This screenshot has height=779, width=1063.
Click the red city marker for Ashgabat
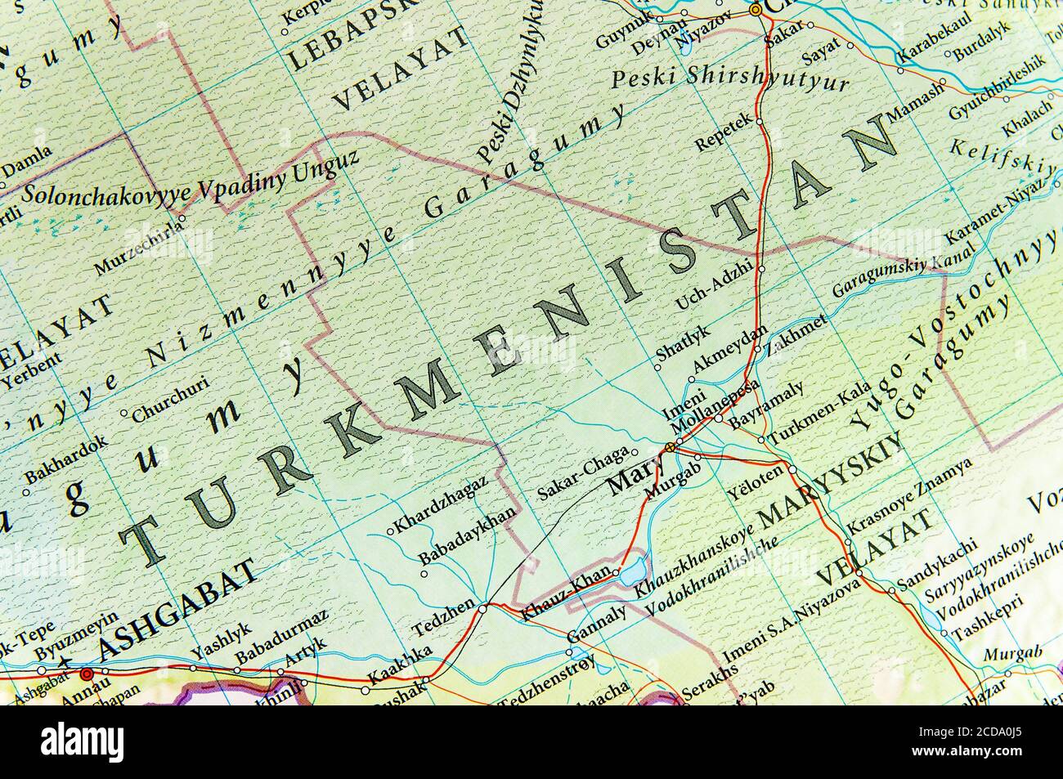coord(86,674)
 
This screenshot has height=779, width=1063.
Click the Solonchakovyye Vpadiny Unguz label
coord(191,179)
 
